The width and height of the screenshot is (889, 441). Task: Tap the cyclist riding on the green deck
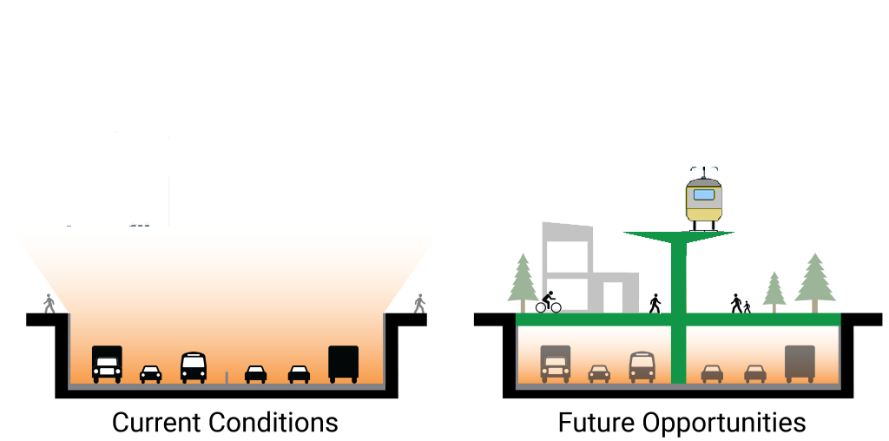[x=548, y=302]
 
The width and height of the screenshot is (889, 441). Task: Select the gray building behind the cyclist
[x=573, y=265]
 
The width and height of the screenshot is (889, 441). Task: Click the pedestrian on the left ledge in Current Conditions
[x=49, y=304]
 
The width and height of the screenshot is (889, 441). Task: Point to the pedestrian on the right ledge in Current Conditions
[x=420, y=303]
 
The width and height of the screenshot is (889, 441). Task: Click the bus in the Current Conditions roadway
[x=194, y=367]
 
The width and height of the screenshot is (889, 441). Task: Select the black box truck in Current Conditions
[x=343, y=363]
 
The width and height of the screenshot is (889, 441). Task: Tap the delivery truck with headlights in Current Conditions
[x=107, y=364]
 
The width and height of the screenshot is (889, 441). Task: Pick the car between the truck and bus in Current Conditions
[x=150, y=374]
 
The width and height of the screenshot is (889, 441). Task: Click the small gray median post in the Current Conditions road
[x=227, y=378]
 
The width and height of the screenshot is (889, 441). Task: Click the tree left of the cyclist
[x=523, y=281]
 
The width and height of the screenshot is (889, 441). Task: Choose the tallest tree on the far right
[x=814, y=280]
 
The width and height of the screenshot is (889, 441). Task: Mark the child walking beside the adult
[x=747, y=307]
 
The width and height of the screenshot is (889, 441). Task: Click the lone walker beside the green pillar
[x=655, y=303]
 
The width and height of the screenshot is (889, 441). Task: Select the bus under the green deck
[x=642, y=366]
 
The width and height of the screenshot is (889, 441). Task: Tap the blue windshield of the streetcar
[x=704, y=194]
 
